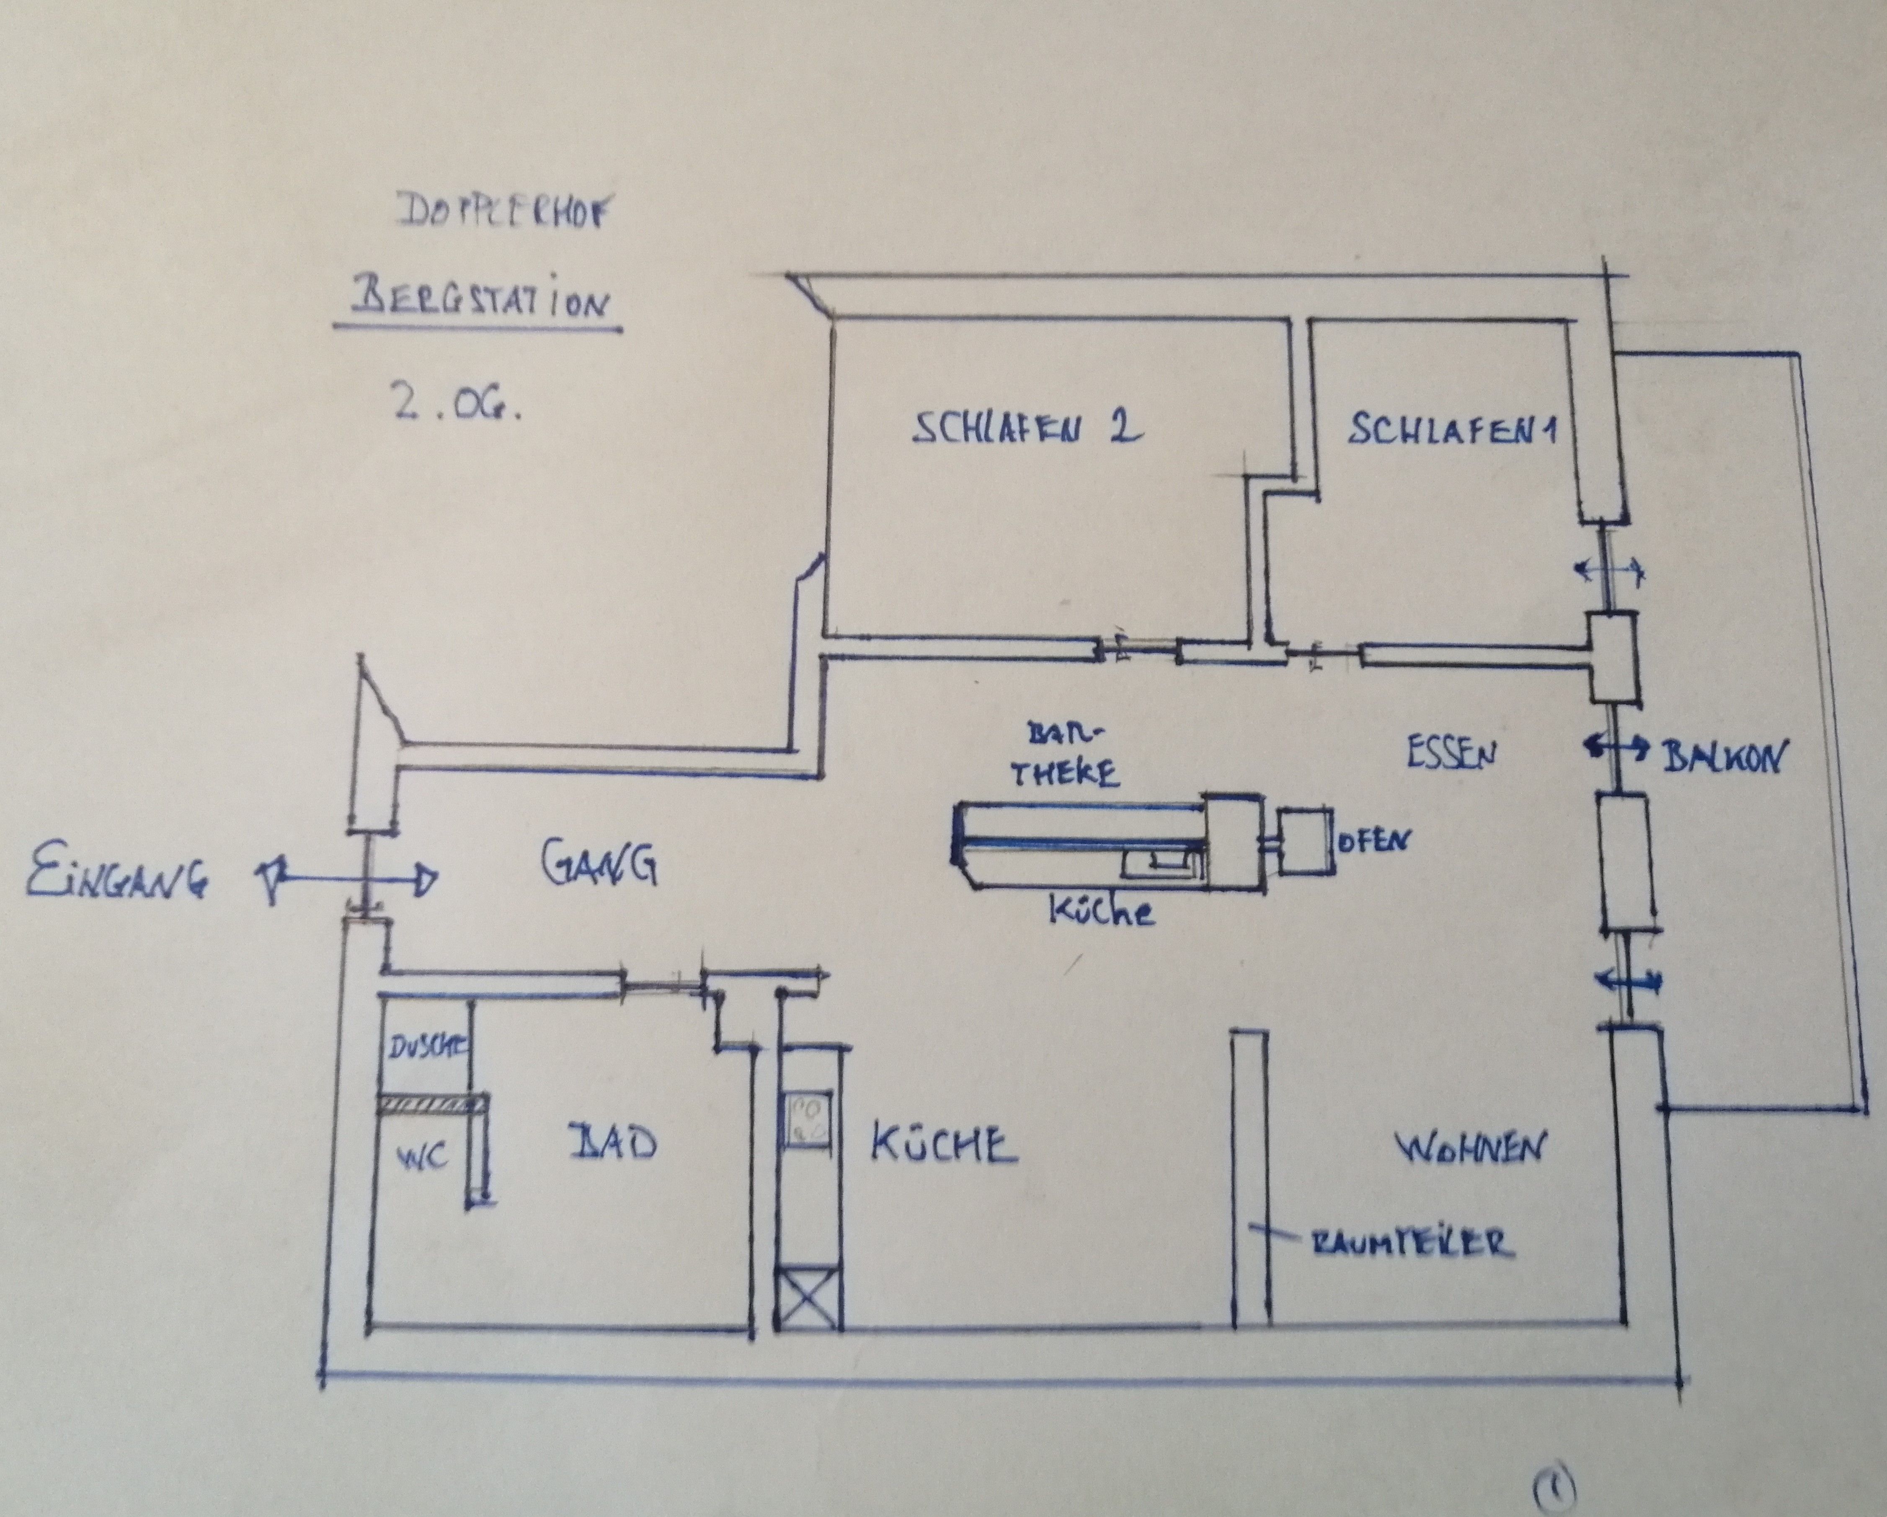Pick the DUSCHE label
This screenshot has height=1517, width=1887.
(x=426, y=1047)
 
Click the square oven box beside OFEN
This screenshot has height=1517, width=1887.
(x=1304, y=840)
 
